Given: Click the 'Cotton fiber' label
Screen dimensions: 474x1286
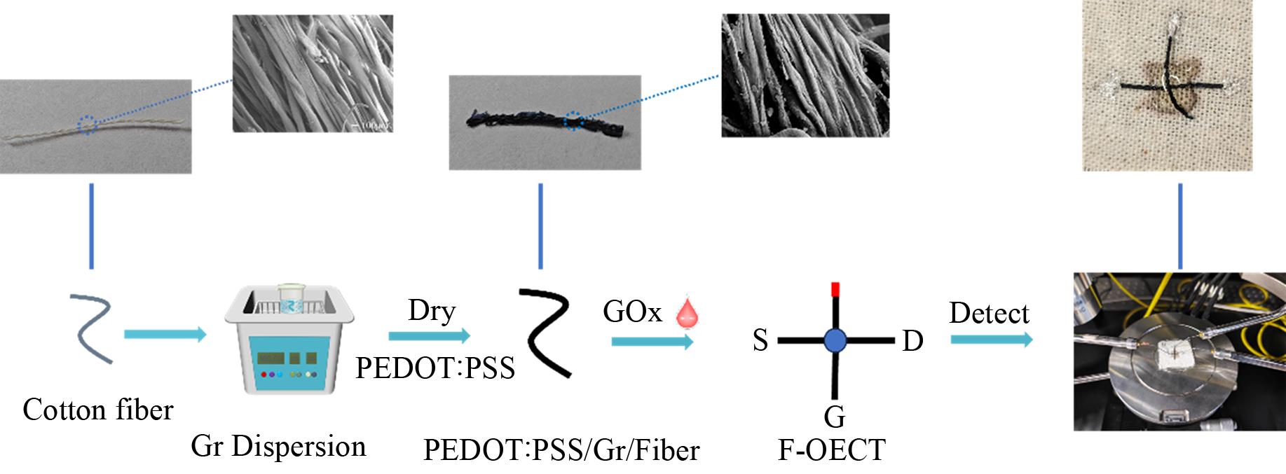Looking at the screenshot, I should [97, 410].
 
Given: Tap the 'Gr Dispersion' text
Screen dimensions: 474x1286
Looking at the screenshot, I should [278, 446].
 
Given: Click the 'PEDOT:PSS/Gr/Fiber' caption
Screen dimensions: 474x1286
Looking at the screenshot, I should [561, 449].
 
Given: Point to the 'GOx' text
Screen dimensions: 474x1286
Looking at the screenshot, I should [632, 312].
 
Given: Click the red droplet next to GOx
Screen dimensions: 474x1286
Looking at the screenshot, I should [688, 314].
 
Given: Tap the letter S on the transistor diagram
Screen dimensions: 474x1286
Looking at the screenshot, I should [760, 341].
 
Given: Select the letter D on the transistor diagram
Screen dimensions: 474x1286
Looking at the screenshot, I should [912, 341].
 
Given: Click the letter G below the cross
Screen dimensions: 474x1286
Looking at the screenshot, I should [834, 417].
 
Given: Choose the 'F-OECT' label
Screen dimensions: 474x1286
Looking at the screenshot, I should [832, 449].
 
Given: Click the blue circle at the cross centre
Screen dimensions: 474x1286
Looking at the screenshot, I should [834, 340].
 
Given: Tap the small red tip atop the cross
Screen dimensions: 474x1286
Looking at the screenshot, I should [834, 288].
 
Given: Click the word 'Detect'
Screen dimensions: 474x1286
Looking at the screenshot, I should [989, 312].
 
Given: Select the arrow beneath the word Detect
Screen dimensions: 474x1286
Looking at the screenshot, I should [991, 340].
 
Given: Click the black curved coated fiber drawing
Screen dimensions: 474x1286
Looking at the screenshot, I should [546, 333].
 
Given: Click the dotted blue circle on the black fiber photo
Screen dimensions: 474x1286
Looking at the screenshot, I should [573, 121].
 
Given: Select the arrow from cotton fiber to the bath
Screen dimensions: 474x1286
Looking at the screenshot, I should [165, 335].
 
